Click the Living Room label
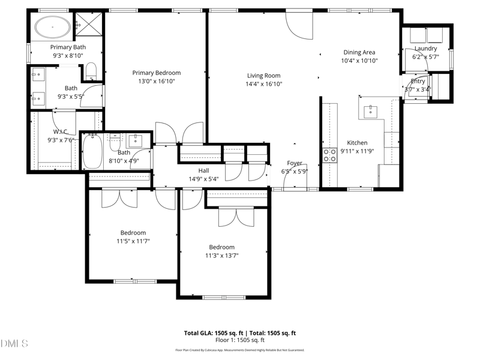coord(264,76)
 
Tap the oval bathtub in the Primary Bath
coord(52,26)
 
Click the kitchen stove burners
coord(330,155)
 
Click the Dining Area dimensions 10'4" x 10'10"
coord(359,61)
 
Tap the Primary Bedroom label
coord(157,73)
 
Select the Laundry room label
coord(425,49)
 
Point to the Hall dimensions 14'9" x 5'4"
coord(203,179)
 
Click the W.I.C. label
coord(61,131)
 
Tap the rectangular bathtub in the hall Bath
coord(92,151)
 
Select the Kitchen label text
coord(357,143)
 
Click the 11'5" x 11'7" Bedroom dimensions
coord(133,241)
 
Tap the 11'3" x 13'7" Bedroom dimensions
coord(221,255)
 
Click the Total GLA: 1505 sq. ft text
coord(212,333)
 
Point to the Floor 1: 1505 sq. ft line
coord(239,340)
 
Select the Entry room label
coord(418,82)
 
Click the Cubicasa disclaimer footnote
coord(239,350)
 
